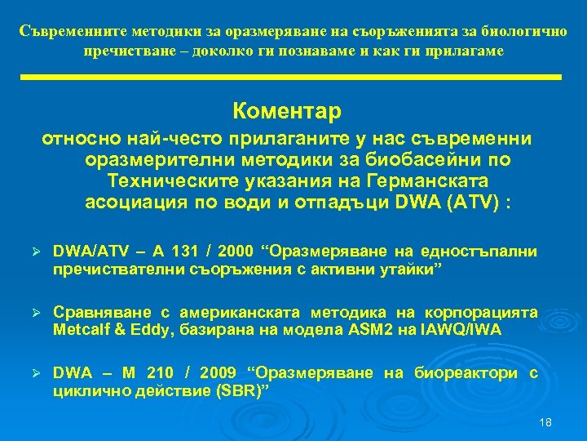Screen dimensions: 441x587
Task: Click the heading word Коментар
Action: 286,109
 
